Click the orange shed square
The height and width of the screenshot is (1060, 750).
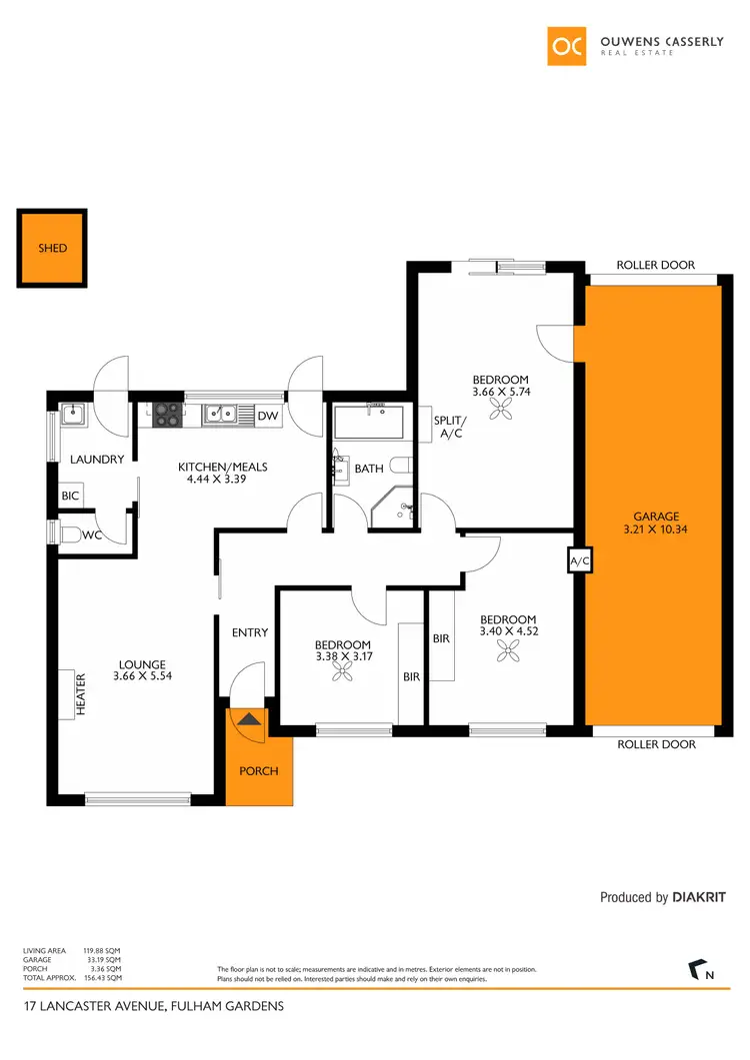52,248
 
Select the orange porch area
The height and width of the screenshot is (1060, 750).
259,770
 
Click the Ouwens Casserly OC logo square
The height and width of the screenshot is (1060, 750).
567,45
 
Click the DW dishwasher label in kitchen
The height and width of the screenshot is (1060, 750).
267,416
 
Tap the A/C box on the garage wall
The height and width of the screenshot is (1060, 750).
579,561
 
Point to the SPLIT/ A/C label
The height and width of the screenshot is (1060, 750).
446,428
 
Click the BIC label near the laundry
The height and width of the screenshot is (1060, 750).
70,496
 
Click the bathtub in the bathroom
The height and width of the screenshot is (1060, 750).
367,424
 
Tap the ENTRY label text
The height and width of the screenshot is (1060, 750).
249,632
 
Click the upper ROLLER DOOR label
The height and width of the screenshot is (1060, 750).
655,265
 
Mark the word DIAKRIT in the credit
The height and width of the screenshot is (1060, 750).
699,897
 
